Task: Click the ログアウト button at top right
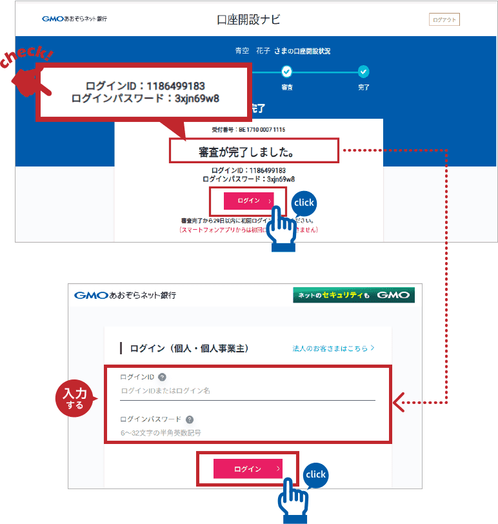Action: pos(444,20)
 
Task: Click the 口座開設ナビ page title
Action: pos(248,19)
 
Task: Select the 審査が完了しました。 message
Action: pos(254,152)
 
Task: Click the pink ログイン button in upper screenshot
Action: pos(248,201)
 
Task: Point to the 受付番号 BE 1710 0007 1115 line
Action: pos(248,130)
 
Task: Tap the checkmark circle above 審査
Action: pos(287,72)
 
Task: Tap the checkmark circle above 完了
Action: pos(364,72)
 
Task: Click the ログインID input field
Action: pos(247,391)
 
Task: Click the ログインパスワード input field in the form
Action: pos(247,432)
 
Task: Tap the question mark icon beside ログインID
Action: pos(162,377)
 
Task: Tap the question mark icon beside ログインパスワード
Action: pos(190,419)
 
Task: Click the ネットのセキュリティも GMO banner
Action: pos(354,296)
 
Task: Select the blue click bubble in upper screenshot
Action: pos(303,203)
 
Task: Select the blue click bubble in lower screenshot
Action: pos(315,475)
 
